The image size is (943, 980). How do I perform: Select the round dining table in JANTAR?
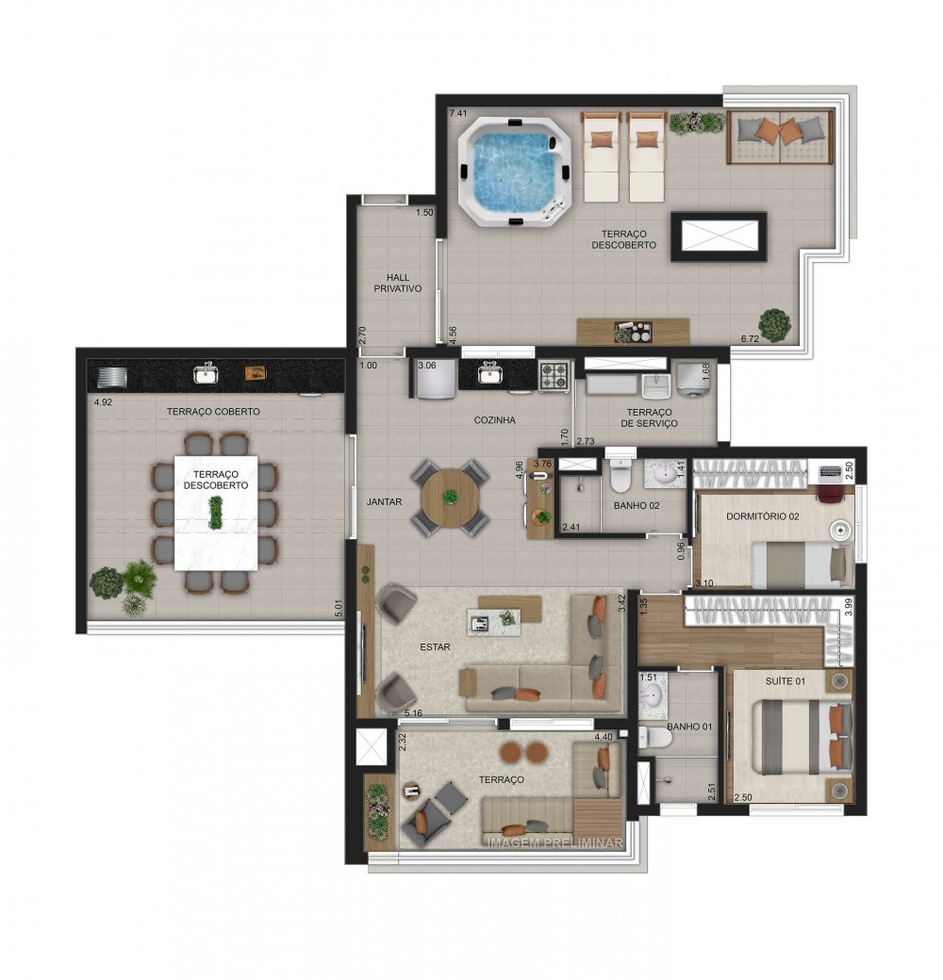point(451,498)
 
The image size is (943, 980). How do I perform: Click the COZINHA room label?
point(494,420)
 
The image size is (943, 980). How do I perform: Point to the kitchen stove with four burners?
point(553,376)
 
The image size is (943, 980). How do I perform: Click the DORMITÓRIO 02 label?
point(762,516)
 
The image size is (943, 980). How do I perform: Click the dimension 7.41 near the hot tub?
point(458,113)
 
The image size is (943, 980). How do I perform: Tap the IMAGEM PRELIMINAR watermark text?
point(554,842)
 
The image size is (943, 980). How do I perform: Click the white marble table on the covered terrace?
point(216,514)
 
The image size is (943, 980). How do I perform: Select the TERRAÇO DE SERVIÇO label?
point(649,418)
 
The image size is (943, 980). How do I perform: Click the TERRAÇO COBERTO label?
point(213,412)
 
